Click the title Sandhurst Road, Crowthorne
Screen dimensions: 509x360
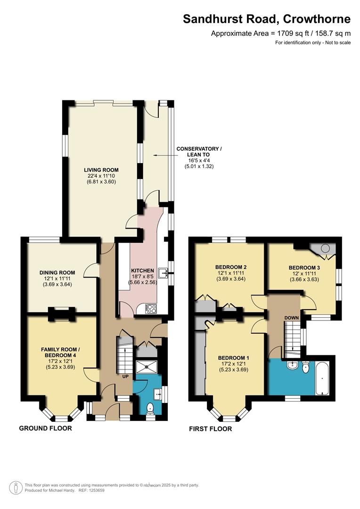pyautogui.click(x=267, y=19)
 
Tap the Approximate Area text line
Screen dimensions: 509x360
pyautogui.click(x=281, y=33)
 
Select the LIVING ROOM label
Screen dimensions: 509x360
pyautogui.click(x=101, y=170)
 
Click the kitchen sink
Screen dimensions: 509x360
pyautogui.click(x=164, y=272)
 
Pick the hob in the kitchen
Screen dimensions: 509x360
pyautogui.click(x=152, y=309)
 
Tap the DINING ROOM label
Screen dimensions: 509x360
pyautogui.click(x=58, y=272)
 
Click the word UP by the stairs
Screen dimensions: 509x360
pyautogui.click(x=125, y=377)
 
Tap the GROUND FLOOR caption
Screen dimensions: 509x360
pyautogui.click(x=45, y=428)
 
